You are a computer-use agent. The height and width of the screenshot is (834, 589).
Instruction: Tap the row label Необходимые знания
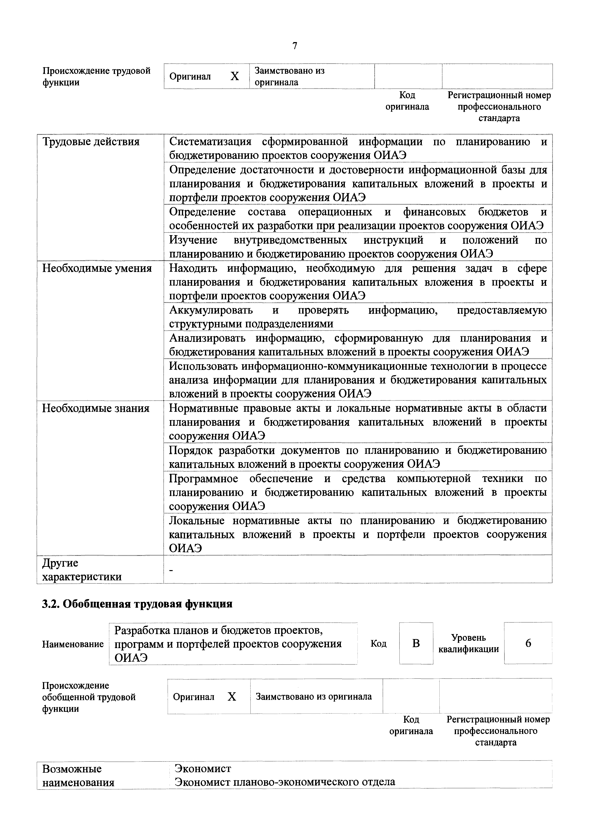click(96, 408)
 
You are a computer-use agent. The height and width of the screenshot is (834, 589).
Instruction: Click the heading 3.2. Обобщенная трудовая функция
click(137, 604)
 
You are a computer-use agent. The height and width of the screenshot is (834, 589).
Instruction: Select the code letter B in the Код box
click(416, 643)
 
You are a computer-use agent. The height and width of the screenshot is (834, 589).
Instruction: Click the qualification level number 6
click(528, 643)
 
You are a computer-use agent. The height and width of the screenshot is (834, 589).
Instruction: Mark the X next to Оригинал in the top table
click(235, 76)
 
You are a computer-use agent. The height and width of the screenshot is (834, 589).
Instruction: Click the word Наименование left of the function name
click(73, 644)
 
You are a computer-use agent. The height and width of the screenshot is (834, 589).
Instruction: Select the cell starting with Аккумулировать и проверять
click(357, 317)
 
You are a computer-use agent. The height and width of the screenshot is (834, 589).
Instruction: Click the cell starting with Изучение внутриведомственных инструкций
click(357, 247)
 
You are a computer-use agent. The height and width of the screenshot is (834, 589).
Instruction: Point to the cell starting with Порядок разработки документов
click(357, 457)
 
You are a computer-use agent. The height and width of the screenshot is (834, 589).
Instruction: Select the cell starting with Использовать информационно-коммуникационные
click(357, 380)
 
